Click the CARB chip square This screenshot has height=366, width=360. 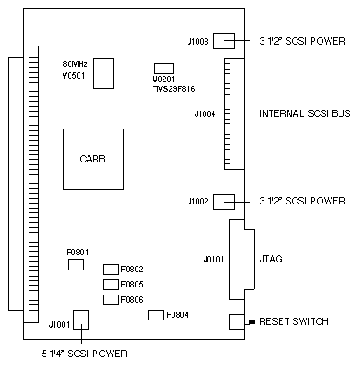click(94, 159)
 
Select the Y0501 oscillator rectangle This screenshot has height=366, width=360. click(104, 73)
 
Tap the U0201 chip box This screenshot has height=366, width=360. click(163, 69)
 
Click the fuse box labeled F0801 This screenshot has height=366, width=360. click(76, 264)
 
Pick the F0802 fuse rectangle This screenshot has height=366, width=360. click(111, 270)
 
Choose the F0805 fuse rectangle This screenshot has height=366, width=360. click(111, 285)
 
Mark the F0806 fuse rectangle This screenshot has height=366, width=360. click(111, 300)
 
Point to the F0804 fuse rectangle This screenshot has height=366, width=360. click(156, 315)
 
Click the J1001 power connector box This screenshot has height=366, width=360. click(81, 320)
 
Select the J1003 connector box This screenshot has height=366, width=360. click(224, 41)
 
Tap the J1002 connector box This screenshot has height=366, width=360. click(224, 202)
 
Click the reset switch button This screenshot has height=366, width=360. click(249, 322)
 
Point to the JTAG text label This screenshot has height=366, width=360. click(271, 259)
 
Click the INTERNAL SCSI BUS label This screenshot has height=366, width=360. click(305, 113)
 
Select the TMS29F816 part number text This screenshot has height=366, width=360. click(174, 88)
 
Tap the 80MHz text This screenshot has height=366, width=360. click(75, 64)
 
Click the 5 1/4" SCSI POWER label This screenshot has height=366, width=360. click(85, 354)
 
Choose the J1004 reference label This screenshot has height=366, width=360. click(205, 114)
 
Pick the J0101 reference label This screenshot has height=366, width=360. click(213, 260)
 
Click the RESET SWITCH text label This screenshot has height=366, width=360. click(294, 321)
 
